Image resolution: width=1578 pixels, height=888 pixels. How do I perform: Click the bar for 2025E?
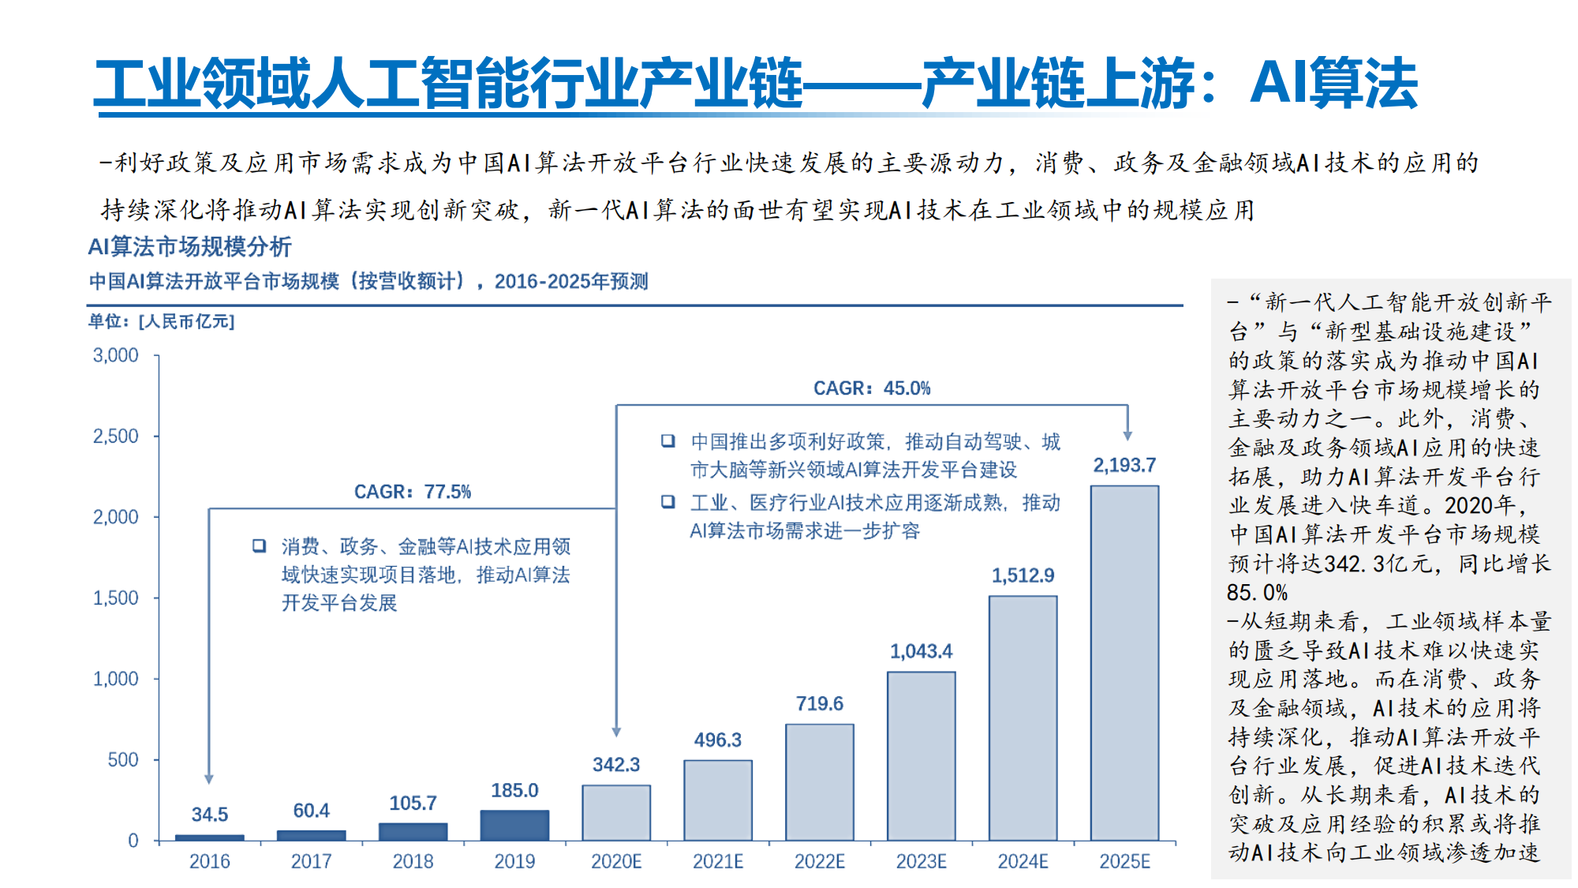[x=1124, y=663]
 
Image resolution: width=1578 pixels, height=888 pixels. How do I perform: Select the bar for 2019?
[x=514, y=825]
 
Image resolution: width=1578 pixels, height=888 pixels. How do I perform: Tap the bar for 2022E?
[x=819, y=781]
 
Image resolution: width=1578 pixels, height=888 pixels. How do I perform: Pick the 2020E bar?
[x=616, y=812]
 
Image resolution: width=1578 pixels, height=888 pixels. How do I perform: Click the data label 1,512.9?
[x=1023, y=575]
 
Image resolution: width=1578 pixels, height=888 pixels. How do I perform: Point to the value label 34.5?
[x=209, y=815]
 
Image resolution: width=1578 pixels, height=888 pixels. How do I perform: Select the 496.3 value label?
[x=717, y=740]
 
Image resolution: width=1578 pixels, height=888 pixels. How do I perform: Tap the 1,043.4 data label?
[x=921, y=651]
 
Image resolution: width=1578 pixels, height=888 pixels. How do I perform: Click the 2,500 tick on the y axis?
[x=115, y=437]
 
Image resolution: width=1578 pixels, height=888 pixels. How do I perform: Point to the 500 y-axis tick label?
[x=122, y=760]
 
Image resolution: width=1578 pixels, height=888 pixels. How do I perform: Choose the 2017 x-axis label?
[x=311, y=861]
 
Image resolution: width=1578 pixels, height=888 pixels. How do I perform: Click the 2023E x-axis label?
[x=921, y=861]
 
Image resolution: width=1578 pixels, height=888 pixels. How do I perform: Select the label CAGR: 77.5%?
[x=412, y=492]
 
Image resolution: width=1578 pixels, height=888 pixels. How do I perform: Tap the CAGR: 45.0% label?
[x=872, y=388]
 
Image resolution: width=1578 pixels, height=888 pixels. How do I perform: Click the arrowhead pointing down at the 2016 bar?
[x=209, y=779]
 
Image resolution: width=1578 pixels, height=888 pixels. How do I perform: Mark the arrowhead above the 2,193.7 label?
[x=1127, y=436]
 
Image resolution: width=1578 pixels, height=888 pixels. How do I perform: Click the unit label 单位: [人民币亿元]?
[x=161, y=321]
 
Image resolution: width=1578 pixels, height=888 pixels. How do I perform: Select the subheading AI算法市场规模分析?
[x=189, y=247]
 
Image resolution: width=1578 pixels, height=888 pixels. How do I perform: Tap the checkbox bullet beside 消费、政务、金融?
[x=259, y=546]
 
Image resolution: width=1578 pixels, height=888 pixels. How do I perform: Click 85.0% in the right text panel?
[x=1257, y=593]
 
